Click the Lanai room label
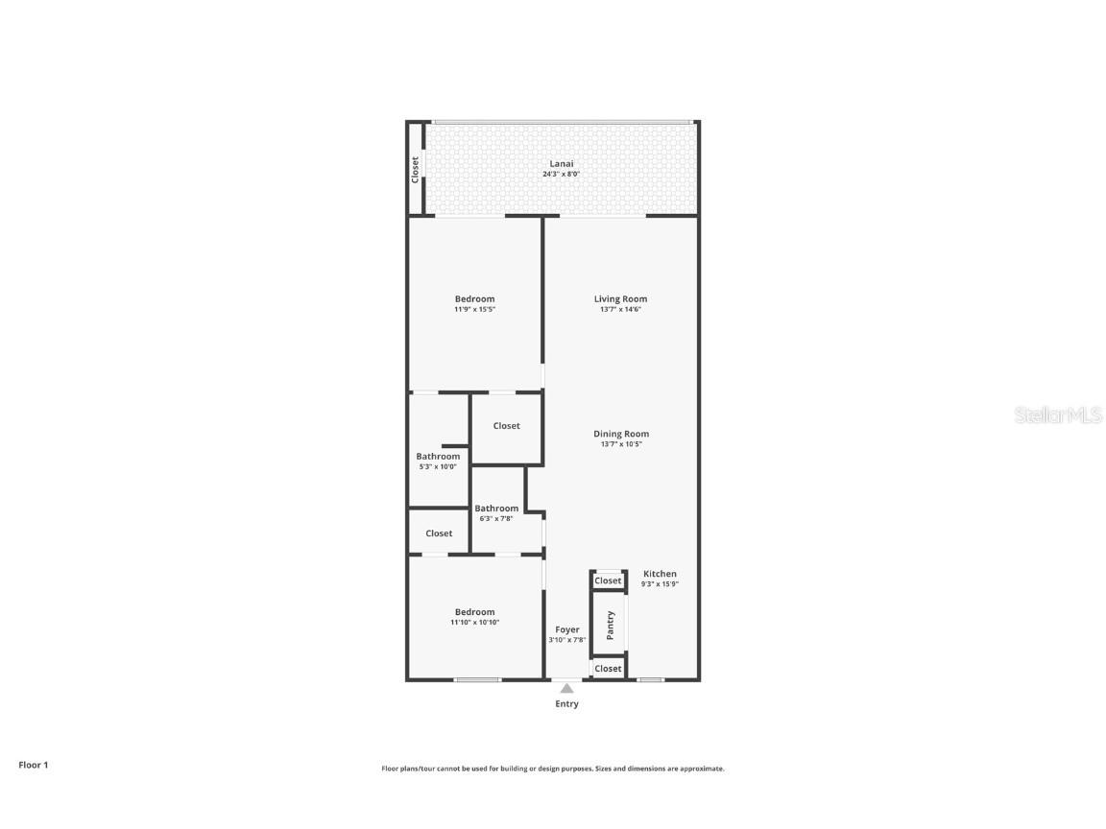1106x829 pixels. (x=562, y=163)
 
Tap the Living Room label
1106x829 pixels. (x=620, y=298)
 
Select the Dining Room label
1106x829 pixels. (x=621, y=434)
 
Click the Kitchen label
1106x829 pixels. (x=660, y=574)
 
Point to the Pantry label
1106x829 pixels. (x=610, y=626)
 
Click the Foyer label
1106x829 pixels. (x=567, y=629)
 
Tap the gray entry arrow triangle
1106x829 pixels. (x=567, y=688)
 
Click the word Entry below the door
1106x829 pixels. (x=567, y=703)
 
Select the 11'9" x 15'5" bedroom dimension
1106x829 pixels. (x=475, y=309)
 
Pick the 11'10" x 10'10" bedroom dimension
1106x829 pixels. (x=475, y=623)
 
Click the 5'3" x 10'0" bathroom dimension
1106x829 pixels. (x=438, y=466)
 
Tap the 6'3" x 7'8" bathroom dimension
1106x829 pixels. (x=496, y=518)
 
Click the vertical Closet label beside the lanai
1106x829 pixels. (x=416, y=170)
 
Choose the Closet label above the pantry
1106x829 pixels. (x=608, y=580)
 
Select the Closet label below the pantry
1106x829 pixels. (x=608, y=669)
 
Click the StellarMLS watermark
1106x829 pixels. (x=1059, y=415)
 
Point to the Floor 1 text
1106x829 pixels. (x=33, y=765)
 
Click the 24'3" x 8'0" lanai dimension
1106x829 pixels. (x=562, y=174)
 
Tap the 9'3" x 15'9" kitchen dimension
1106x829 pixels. (x=660, y=584)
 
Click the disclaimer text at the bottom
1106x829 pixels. (x=553, y=769)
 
